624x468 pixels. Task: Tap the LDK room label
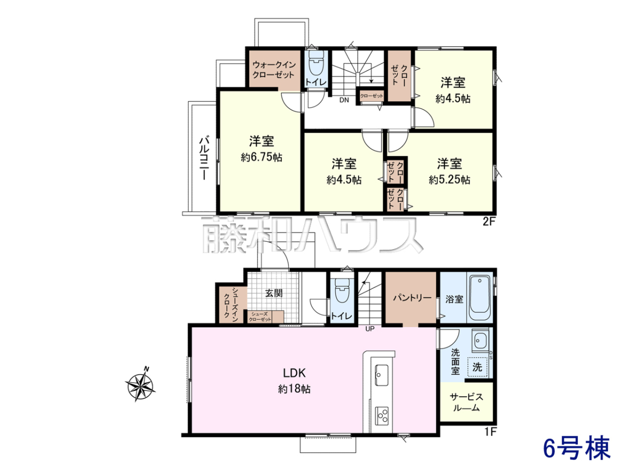coord(294,373)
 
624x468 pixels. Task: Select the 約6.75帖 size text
coord(262,157)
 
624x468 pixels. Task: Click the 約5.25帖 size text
coord(449,180)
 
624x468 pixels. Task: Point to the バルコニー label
coord(204,158)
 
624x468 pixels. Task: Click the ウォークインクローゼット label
coord(274,70)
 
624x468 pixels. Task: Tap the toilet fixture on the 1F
coord(342,290)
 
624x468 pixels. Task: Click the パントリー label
coord(412,298)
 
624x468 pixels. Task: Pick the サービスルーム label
coord(466,402)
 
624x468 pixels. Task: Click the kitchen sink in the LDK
coord(382,375)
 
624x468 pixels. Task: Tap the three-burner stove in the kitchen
coord(382,415)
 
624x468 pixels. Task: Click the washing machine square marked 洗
coord(477,367)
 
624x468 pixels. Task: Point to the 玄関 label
coord(274,293)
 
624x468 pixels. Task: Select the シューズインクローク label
coord(231,304)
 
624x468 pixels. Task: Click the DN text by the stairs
coord(344,100)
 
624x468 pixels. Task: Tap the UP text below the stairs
coord(370,329)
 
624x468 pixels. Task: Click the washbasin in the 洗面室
coord(480,341)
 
